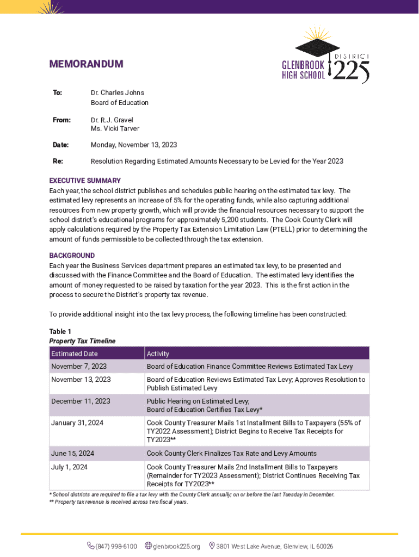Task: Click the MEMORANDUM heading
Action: point(86,64)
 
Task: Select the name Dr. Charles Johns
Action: point(117,92)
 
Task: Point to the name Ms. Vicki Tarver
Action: point(115,129)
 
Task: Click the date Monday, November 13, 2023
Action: point(133,145)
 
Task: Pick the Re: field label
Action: point(57,162)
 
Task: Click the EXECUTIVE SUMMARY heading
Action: point(85,181)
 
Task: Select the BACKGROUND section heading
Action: point(72,256)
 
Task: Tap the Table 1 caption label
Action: point(60,332)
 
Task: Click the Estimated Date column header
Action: point(75,354)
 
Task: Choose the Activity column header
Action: point(158,354)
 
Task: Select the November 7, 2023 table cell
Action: point(79,367)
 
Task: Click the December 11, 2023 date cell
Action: point(81,401)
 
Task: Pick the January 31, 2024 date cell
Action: point(77,423)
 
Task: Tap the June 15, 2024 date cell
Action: point(72,454)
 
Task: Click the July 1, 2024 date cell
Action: point(69,467)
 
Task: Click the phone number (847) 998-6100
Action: point(116,546)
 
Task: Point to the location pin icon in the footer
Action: point(212,546)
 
